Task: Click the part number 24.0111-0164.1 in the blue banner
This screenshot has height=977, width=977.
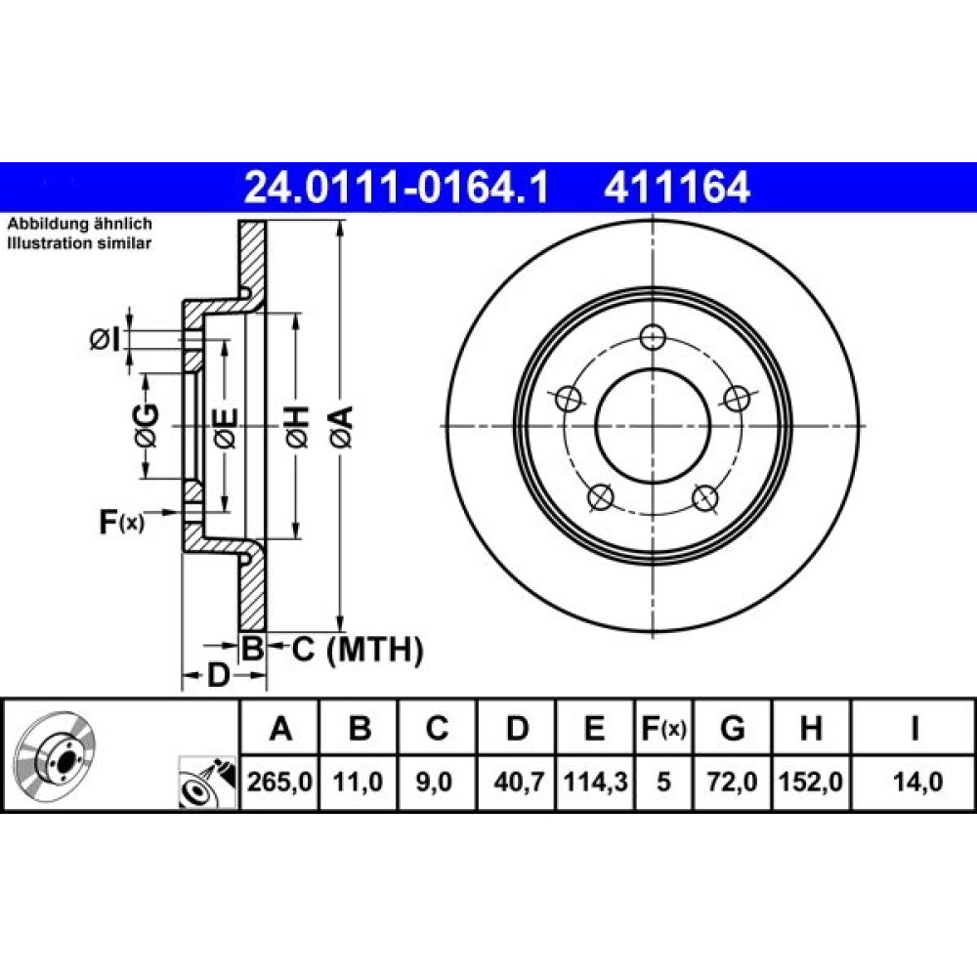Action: tap(397, 188)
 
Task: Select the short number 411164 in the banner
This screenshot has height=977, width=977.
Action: tap(677, 188)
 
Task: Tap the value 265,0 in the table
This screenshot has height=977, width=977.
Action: tap(279, 782)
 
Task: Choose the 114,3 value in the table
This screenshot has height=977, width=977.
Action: tap(595, 782)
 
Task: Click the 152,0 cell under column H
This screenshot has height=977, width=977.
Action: tap(811, 782)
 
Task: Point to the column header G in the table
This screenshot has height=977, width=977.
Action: tap(732, 727)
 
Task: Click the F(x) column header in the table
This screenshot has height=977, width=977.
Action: tap(663, 728)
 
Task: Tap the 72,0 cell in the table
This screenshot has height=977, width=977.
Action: tap(732, 782)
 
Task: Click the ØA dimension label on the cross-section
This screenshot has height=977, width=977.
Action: tap(343, 427)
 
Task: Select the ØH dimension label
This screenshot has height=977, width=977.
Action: tap(298, 427)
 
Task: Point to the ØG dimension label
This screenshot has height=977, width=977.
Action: tap(146, 427)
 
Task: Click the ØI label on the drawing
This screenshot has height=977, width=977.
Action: tap(105, 340)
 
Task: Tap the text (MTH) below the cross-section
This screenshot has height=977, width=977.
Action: tap(375, 651)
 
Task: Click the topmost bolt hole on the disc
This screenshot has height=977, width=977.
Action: tap(653, 338)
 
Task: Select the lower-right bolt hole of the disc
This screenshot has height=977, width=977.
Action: tap(704, 497)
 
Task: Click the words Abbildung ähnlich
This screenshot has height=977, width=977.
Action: tap(79, 224)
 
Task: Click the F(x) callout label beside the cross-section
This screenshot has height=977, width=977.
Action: tap(121, 521)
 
